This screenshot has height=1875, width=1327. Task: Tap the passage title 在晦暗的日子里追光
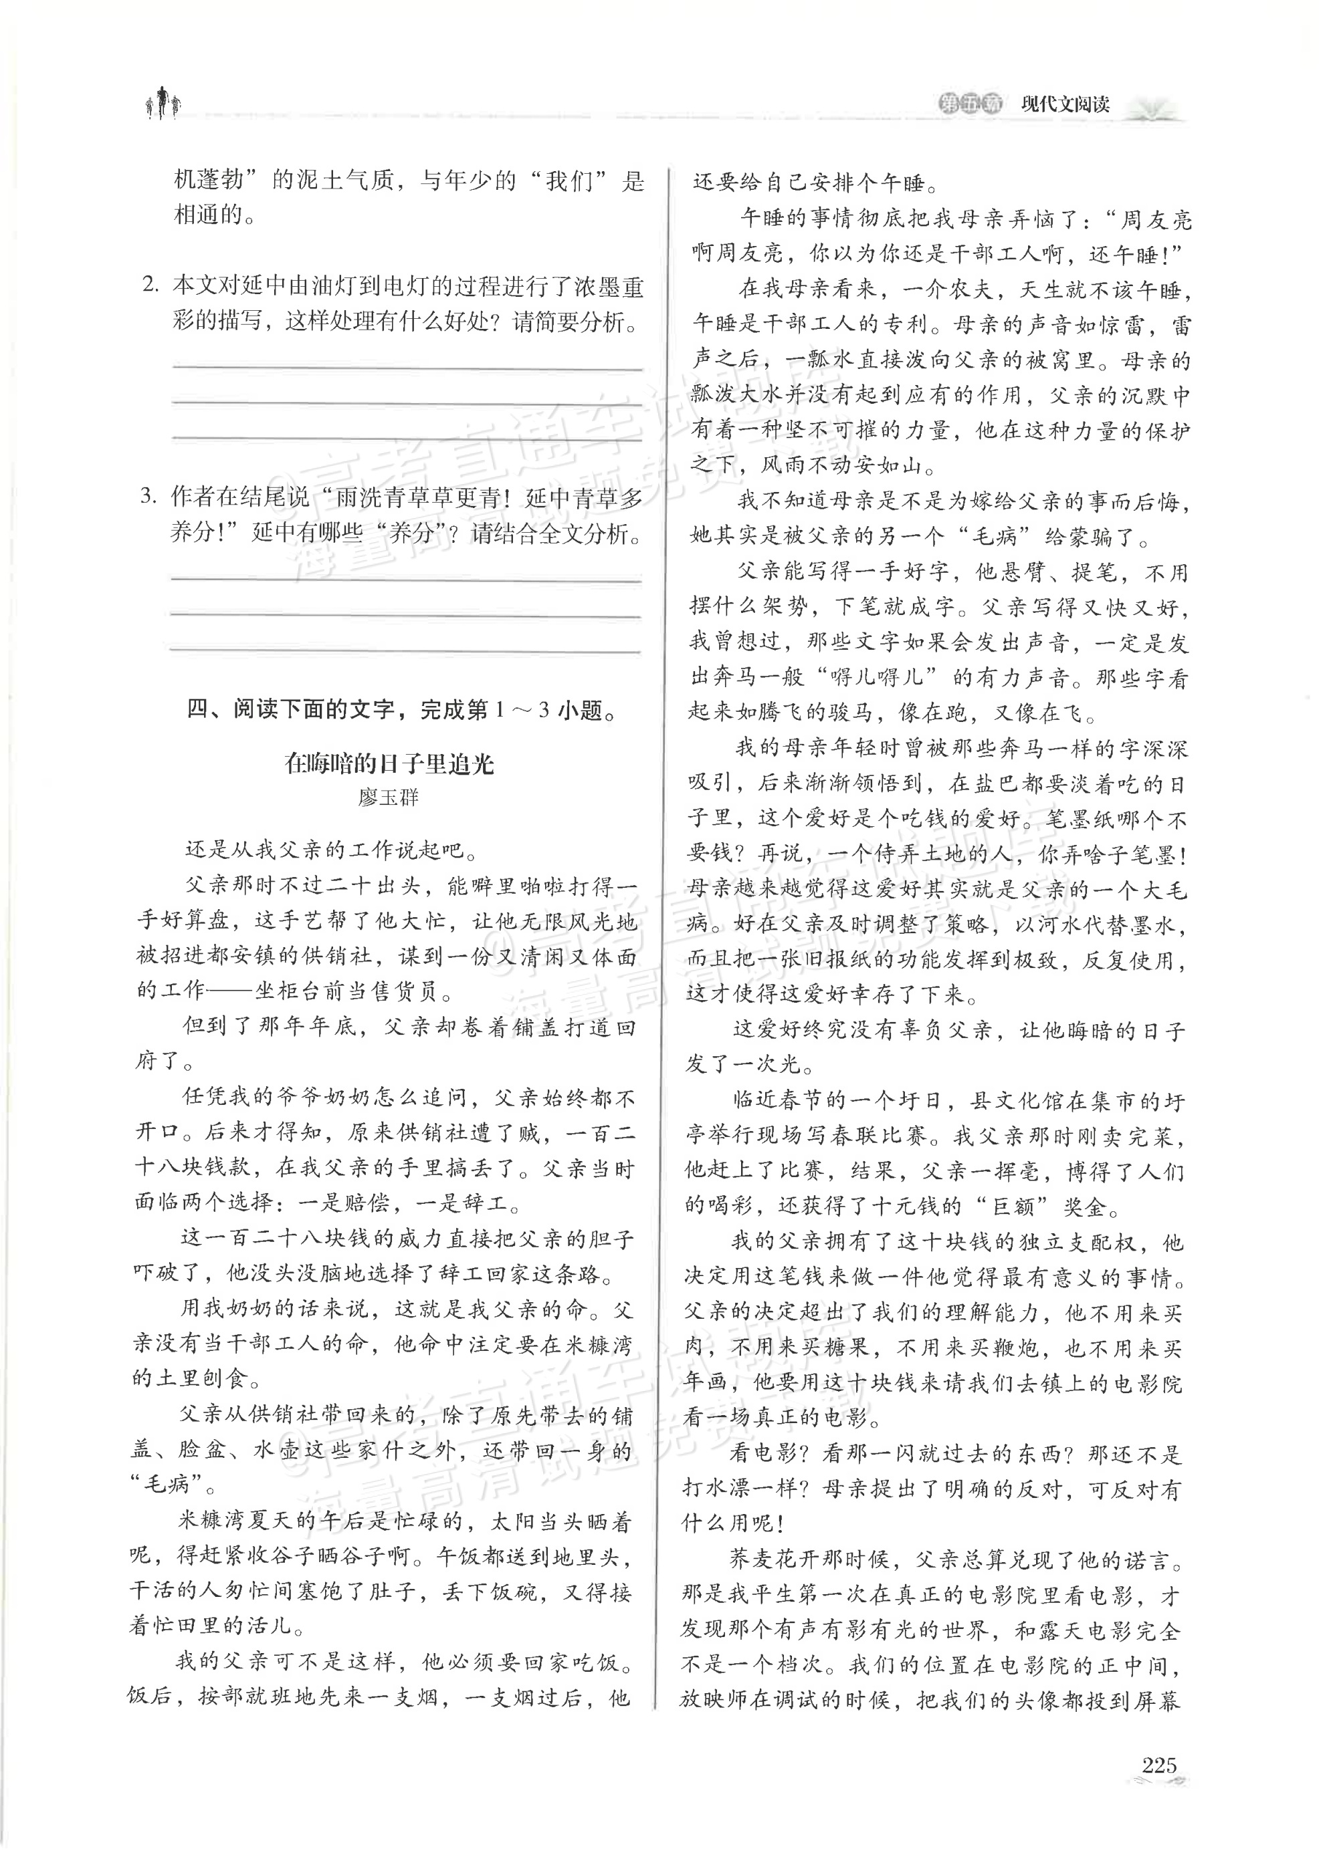(x=389, y=763)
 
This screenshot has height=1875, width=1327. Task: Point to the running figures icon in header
(x=163, y=102)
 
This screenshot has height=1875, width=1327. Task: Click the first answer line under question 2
(x=406, y=369)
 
